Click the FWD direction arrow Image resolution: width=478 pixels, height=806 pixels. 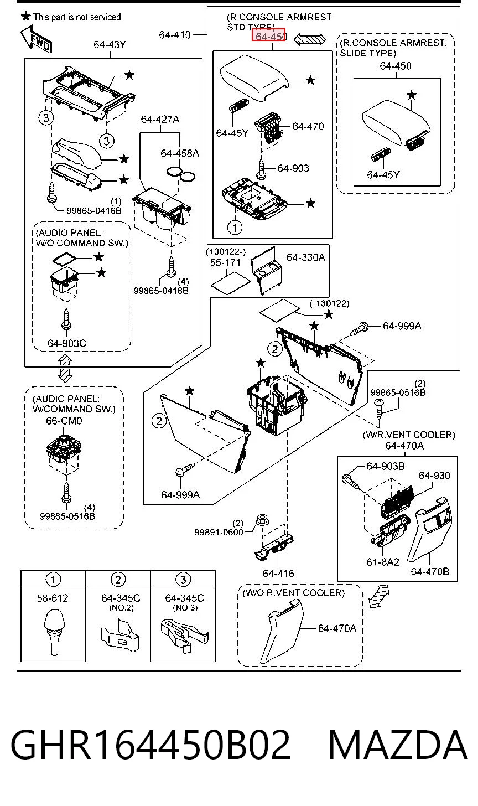coord(36,39)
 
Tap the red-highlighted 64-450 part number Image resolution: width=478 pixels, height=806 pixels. coord(269,35)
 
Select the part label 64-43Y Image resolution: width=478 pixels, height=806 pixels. coord(110,45)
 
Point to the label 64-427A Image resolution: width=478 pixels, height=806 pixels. coord(160,120)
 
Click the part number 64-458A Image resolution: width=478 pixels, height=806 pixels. coord(180,154)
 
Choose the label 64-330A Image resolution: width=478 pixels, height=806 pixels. coord(306,257)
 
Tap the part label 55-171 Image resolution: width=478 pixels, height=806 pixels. coord(225,262)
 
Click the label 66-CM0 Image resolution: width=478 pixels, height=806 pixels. coord(64,421)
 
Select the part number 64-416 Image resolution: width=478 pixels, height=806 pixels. coord(278,573)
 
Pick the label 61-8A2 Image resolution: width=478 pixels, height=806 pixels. coord(383,562)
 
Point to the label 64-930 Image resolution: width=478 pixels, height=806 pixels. coord(434,476)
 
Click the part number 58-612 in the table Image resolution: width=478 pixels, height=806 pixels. coord(53,598)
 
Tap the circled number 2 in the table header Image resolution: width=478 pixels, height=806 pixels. coord(118,580)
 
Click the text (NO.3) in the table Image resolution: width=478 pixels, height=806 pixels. coord(185,608)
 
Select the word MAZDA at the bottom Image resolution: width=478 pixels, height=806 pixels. coord(398,745)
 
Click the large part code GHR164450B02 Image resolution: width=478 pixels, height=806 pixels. coord(150,745)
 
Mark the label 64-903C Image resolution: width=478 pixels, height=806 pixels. coord(67,343)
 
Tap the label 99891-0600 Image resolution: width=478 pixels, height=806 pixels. coord(219,532)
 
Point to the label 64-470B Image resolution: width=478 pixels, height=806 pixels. coord(430,571)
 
